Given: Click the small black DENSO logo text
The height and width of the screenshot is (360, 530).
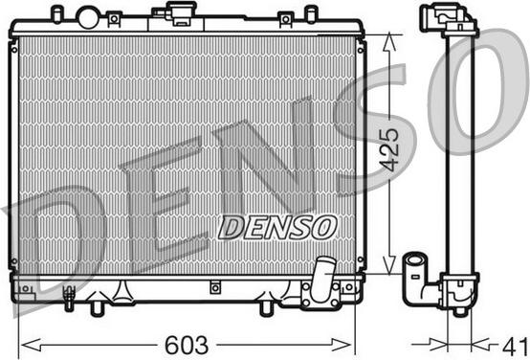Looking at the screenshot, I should point(277,227).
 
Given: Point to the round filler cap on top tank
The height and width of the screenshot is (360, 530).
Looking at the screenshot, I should point(88,16).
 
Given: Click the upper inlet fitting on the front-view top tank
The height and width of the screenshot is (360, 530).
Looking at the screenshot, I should point(179,12).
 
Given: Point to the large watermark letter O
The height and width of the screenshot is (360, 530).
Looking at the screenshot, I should point(478,96).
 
